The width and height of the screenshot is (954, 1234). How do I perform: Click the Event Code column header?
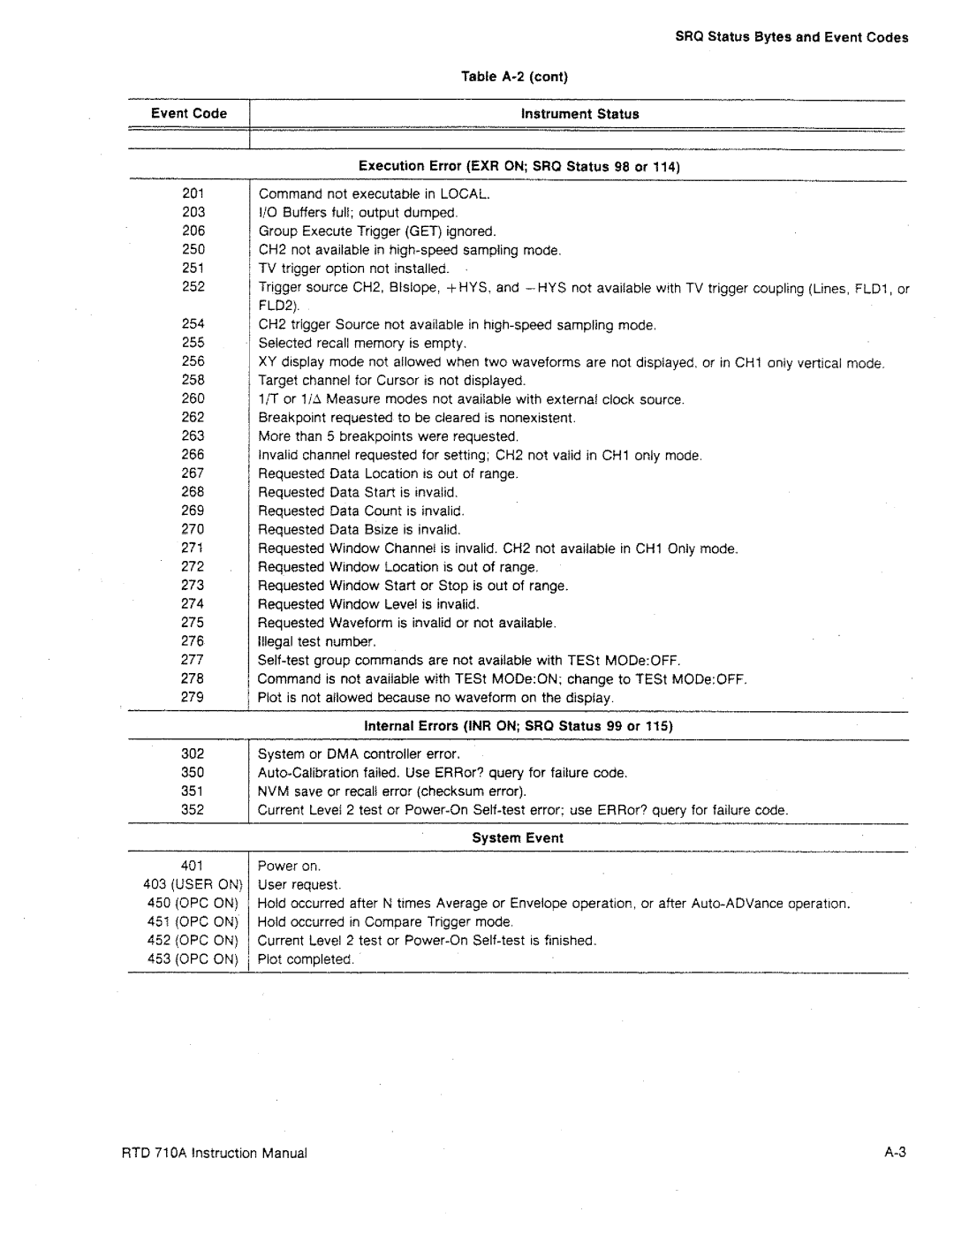[188, 113]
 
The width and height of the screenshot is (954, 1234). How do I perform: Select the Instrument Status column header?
[579, 114]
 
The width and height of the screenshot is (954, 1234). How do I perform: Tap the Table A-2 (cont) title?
[513, 76]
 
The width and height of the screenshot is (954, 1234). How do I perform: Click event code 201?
[193, 193]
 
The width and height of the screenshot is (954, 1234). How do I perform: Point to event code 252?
[193, 287]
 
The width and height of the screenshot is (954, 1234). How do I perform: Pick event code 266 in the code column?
[193, 455]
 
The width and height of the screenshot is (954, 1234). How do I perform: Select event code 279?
[193, 697]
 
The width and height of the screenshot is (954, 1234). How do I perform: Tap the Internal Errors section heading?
[519, 726]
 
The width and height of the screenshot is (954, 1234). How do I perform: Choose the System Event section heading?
[519, 838]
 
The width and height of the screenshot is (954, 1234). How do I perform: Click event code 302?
[193, 754]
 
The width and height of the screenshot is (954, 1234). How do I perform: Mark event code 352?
[193, 810]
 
